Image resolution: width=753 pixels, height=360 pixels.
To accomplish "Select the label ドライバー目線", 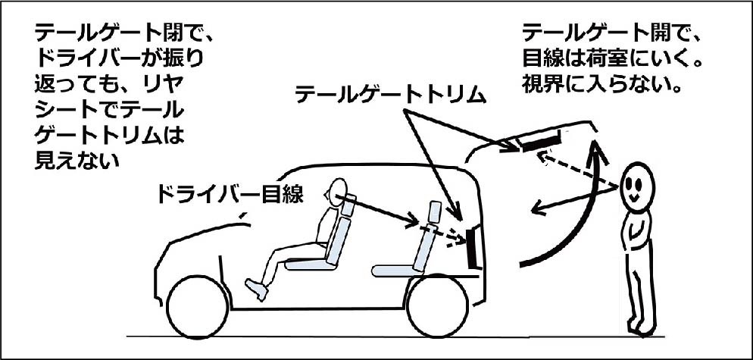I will click(x=229, y=195).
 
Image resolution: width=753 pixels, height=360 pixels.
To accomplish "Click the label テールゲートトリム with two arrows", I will click(x=389, y=94).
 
